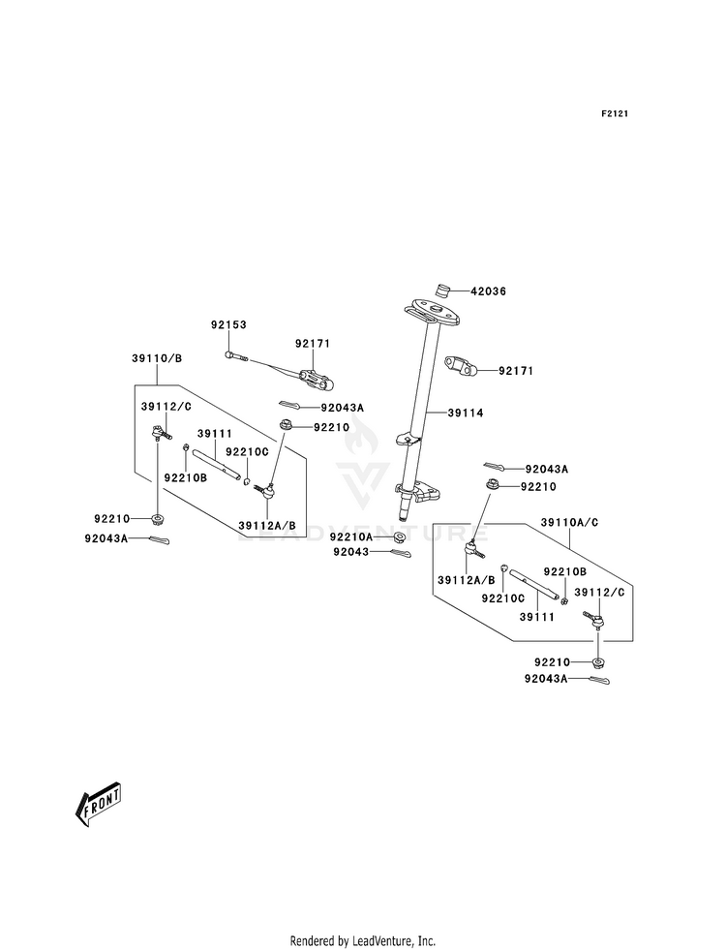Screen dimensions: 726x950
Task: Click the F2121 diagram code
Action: point(614,113)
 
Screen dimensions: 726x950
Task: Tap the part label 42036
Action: point(488,291)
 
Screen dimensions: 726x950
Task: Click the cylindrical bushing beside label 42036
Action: point(444,291)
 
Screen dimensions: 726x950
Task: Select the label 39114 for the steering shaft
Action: point(466,413)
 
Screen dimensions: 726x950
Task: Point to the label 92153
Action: point(228,324)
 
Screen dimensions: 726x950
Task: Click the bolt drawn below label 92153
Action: point(236,356)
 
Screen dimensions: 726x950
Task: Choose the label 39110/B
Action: point(157,358)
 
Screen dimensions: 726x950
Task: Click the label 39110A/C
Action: point(569,522)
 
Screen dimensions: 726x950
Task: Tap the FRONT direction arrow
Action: point(98,804)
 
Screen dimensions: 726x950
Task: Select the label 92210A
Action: point(351,536)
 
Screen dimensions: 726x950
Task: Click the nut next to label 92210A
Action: point(399,537)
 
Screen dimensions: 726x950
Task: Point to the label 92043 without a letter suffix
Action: point(351,552)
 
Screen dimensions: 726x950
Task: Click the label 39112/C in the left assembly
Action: point(166,407)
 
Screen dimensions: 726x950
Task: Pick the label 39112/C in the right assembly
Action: point(599,592)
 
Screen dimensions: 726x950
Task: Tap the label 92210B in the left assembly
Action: point(185,477)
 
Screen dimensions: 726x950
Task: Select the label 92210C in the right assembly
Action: point(502,598)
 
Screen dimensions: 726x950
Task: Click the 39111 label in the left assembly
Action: point(215,434)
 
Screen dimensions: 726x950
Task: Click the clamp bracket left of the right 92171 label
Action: point(463,366)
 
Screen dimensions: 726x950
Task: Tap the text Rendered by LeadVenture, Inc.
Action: point(363,941)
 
